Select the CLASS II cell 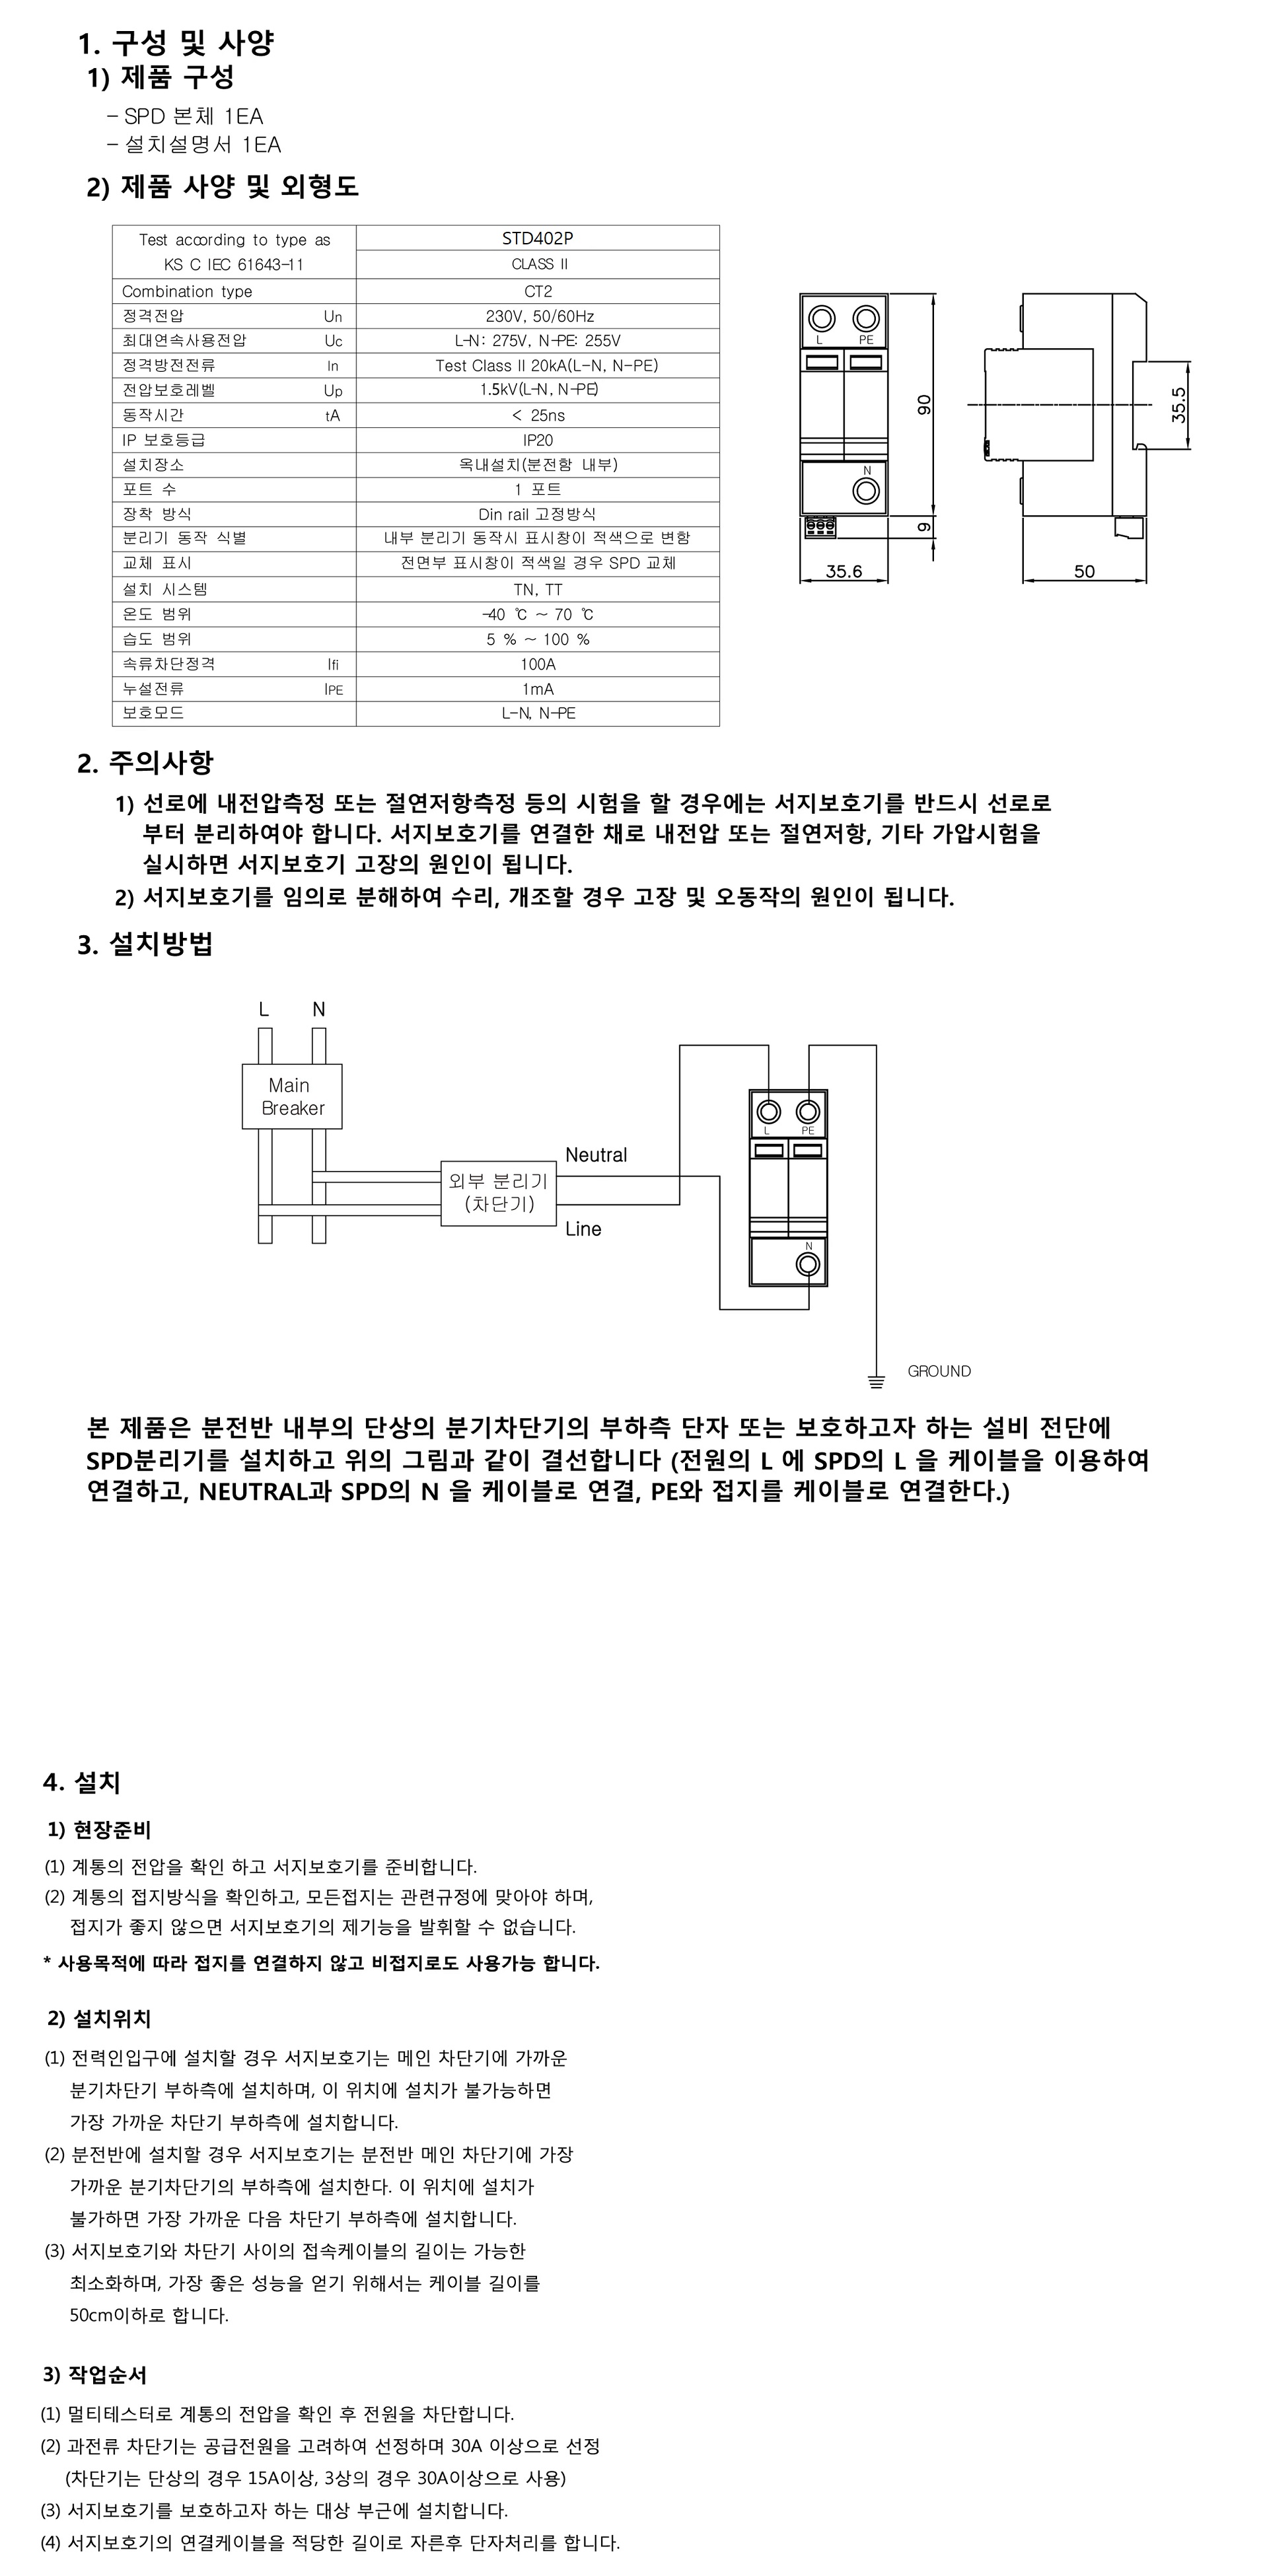coord(538,264)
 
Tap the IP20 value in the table coord(538,440)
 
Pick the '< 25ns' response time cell coord(538,415)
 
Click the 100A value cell coord(538,664)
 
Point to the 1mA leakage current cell coord(538,689)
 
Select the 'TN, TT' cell coord(538,589)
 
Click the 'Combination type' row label coord(187,292)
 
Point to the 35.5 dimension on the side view coord(1178,405)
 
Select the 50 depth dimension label coord(1084,571)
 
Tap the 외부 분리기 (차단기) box coord(497,1192)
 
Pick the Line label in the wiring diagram coord(583,1229)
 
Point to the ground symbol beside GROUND coord(876,1380)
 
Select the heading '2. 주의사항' coord(145,764)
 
